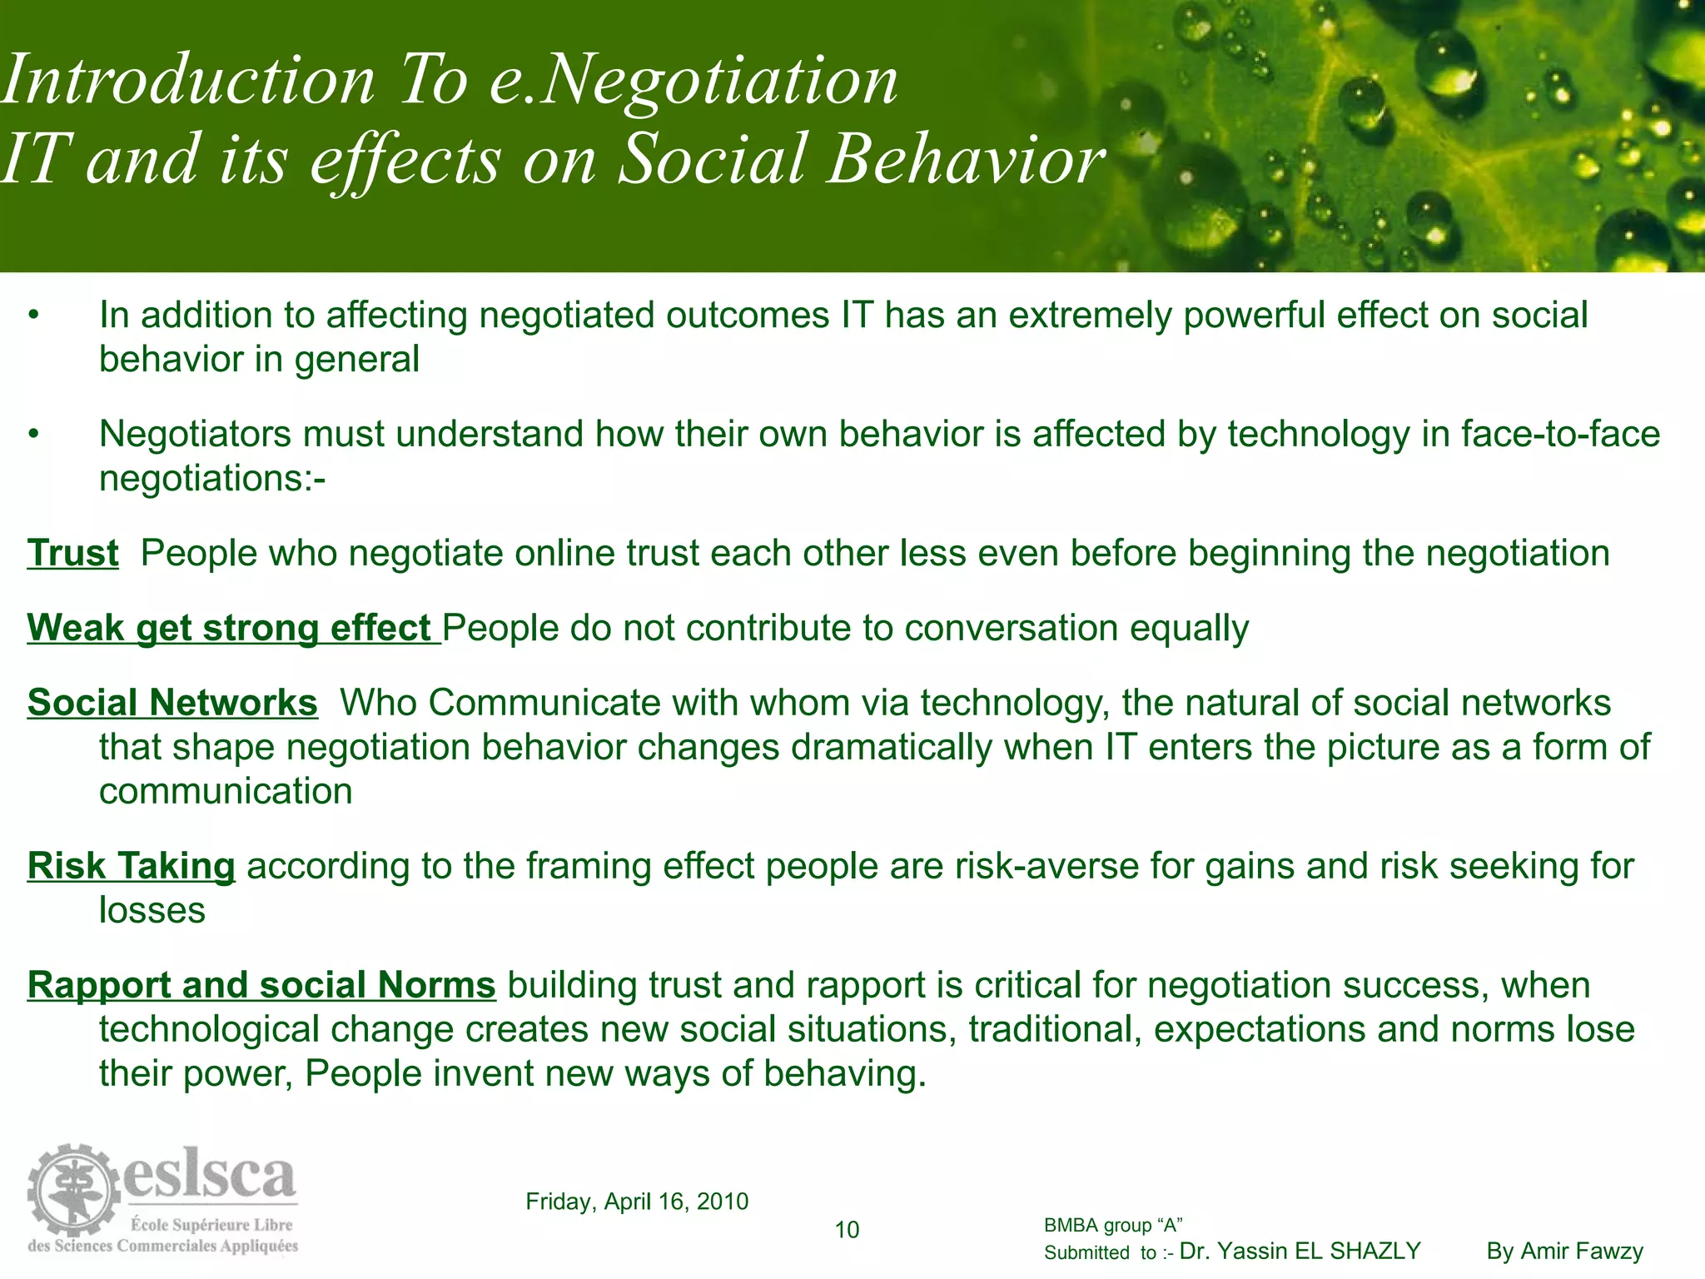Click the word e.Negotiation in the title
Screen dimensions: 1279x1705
[693, 81]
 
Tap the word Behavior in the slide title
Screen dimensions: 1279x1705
[966, 158]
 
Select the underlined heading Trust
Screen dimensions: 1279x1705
[73, 554]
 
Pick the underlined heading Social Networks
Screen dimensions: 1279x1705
[172, 704]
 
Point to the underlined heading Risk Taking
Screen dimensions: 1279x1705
[132, 867]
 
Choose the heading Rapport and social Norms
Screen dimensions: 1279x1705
[261, 986]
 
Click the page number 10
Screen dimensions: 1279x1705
[847, 1230]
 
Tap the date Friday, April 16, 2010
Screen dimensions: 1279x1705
[637, 1202]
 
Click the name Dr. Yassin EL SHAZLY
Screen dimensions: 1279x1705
[1300, 1252]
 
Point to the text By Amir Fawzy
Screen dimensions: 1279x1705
[1565, 1252]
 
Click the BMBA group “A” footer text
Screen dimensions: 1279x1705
[1113, 1226]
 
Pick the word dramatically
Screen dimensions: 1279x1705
[892, 748]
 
